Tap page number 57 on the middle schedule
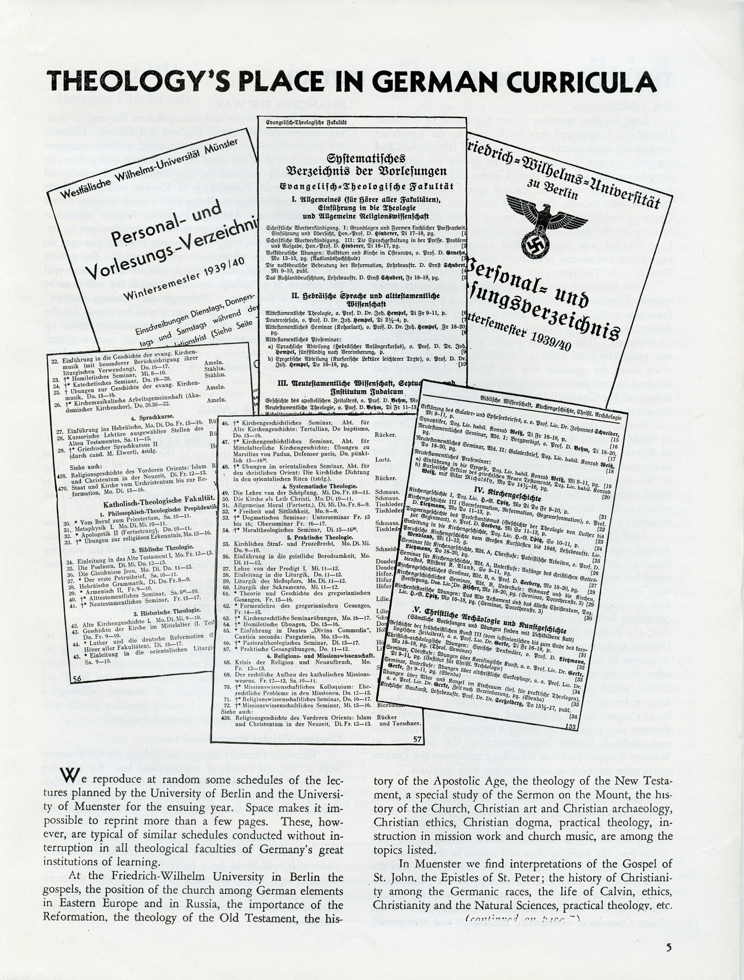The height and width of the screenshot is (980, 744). (x=417, y=739)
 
